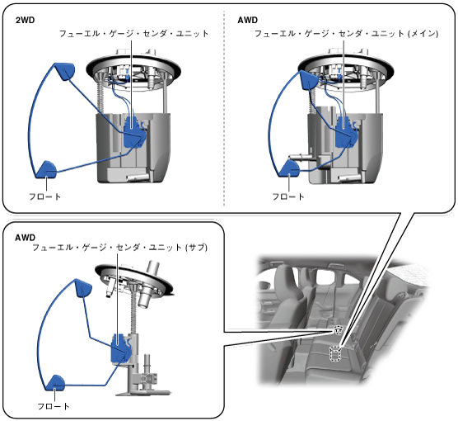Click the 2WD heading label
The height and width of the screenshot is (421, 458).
point(25,20)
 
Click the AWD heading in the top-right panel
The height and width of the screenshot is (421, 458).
point(248,20)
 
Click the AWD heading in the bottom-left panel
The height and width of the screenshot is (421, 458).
point(25,238)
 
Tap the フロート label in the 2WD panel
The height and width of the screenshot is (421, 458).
point(45,196)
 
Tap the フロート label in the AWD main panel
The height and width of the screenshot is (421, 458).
point(288,196)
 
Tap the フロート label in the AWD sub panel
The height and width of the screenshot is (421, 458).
point(54,406)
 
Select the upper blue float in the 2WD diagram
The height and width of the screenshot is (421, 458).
point(64,71)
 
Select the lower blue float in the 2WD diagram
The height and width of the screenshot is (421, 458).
point(46,170)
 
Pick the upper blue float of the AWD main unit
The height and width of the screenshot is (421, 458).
point(308,79)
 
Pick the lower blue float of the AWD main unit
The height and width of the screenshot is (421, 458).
point(289,169)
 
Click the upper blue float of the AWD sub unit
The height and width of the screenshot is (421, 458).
point(83,288)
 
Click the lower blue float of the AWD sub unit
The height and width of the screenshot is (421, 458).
point(55,383)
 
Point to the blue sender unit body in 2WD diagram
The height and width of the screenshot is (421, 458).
point(133,131)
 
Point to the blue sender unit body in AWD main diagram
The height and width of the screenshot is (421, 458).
point(346,132)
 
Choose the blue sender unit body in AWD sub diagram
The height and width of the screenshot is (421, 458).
point(120,348)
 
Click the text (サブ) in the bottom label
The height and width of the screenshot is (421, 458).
point(196,248)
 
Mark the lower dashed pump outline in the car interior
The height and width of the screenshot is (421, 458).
point(334,353)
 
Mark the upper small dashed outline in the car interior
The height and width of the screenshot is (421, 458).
point(338,330)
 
